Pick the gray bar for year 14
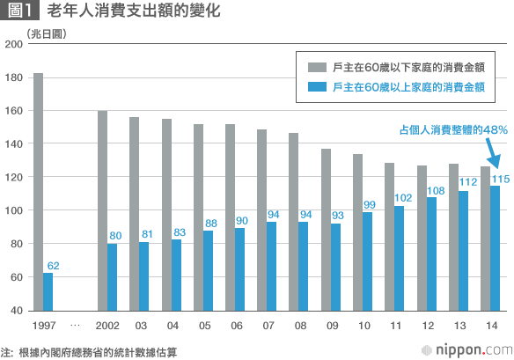click(x=485, y=239)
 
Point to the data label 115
click(x=500, y=179)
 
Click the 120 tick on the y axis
click(x=13, y=177)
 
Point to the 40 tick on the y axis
click(x=16, y=312)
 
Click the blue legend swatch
click(x=315, y=87)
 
